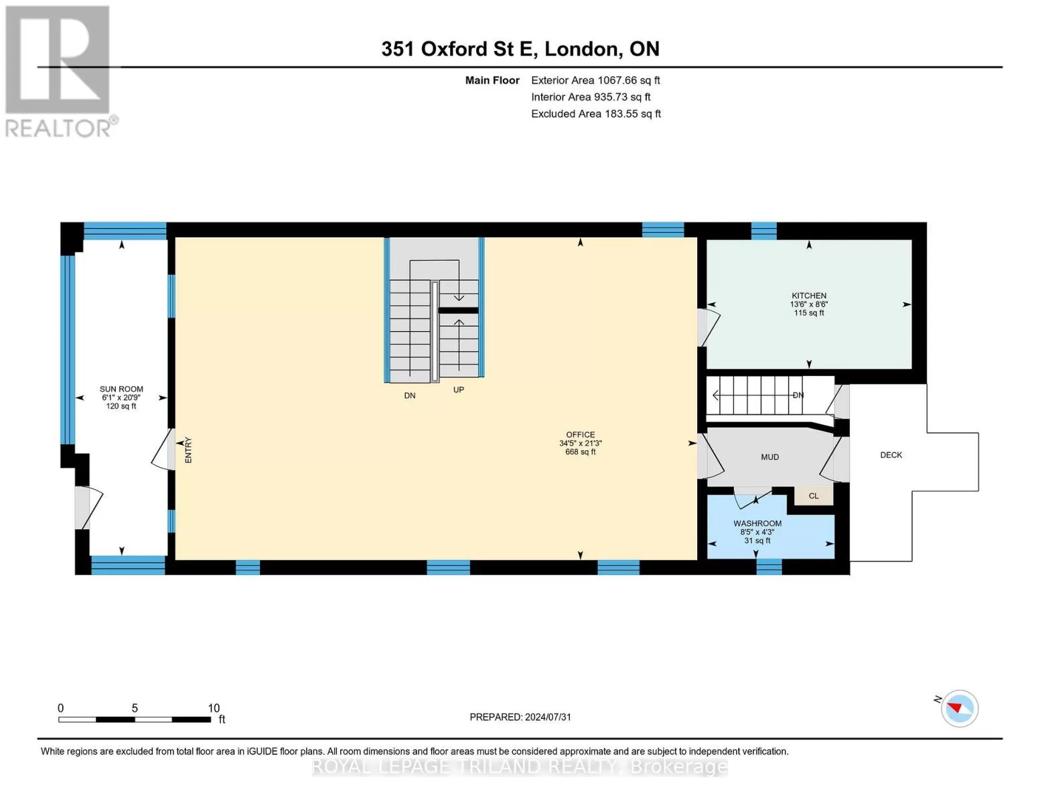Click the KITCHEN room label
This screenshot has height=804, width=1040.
809,296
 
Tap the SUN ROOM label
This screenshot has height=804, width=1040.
121,389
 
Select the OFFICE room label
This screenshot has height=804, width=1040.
581,435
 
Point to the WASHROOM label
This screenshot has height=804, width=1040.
757,524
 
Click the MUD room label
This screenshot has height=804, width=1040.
769,458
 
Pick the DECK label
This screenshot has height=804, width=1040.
891,456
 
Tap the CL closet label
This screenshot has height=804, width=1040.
814,496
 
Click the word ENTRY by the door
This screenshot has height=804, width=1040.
188,450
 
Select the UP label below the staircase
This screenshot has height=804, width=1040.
459,390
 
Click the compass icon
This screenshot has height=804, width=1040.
959,709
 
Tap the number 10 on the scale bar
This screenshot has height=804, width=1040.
214,708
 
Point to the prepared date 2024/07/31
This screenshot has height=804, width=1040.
548,718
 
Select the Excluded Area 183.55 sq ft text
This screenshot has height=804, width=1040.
596,114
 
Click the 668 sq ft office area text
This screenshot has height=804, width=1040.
581,452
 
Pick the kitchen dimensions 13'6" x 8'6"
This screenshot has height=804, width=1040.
809,305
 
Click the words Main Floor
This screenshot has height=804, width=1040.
492,80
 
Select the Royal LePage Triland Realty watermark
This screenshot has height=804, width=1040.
520,766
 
